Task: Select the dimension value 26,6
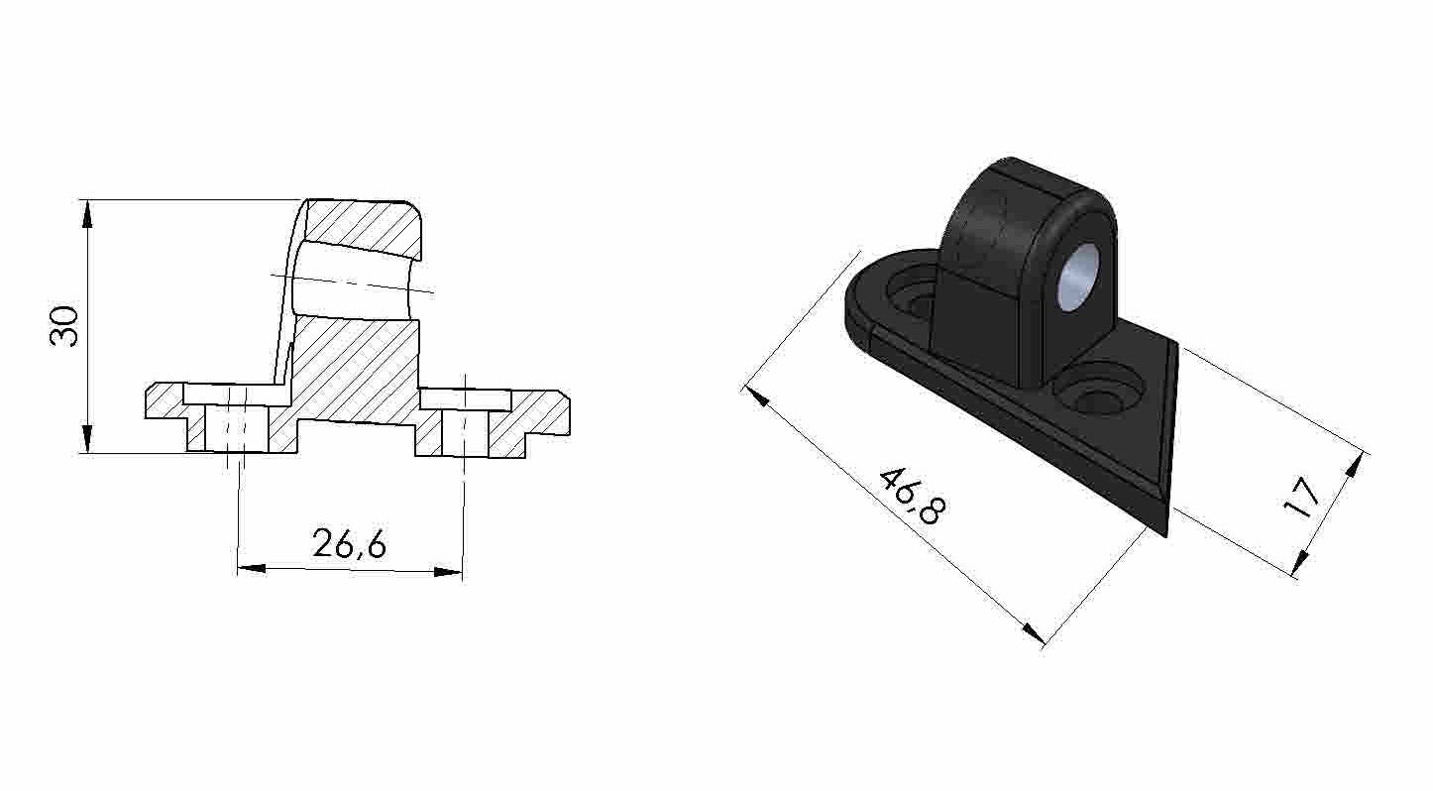[349, 543]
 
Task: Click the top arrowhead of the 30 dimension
[87, 210]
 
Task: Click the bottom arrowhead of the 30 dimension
[87, 442]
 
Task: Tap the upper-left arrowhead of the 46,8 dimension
[754, 395]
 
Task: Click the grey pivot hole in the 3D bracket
[1077, 279]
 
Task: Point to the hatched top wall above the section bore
[363, 226]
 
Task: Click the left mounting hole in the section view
[237, 427]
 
